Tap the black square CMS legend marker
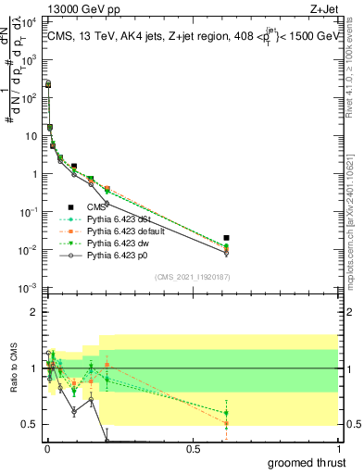(x=69, y=207)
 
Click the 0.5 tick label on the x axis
(x=193, y=449)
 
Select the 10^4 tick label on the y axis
(x=28, y=20)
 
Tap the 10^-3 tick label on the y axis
(x=28, y=288)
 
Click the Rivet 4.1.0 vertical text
(x=355, y=65)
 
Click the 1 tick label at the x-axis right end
(x=338, y=449)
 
